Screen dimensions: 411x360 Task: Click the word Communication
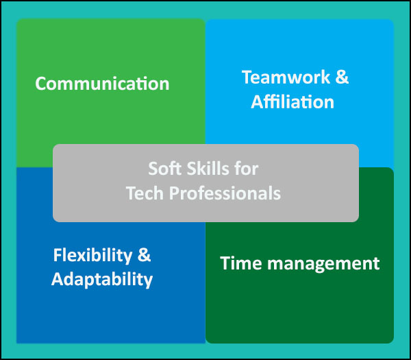point(102,84)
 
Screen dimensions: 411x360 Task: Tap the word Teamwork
point(286,77)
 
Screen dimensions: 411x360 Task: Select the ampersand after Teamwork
point(342,77)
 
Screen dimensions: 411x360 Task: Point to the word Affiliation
point(292,101)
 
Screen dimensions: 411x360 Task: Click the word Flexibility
point(92,256)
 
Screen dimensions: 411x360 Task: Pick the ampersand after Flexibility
point(144,255)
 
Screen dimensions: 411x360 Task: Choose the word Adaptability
point(102,280)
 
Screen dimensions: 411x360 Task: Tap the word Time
point(241,263)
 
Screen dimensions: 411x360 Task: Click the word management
point(323,265)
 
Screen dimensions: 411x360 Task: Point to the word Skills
point(208,168)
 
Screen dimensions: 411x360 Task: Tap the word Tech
point(145,193)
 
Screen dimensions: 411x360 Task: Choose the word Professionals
point(225,193)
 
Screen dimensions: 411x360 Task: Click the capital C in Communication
point(41,84)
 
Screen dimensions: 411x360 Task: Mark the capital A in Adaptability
point(58,278)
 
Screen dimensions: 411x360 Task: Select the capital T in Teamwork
point(247,77)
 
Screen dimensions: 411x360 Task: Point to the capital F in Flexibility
point(58,255)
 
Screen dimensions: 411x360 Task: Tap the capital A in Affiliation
point(258,101)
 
